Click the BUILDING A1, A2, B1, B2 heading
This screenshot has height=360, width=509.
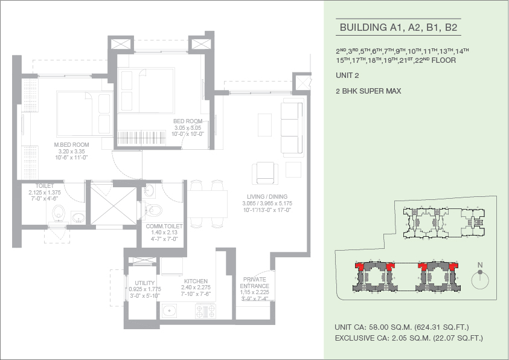[x=399, y=28]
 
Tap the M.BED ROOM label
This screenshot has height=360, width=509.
[x=71, y=145]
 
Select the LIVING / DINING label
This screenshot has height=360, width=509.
[x=267, y=197]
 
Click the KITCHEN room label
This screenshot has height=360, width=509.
[x=196, y=281]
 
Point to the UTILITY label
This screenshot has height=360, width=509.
[x=145, y=283]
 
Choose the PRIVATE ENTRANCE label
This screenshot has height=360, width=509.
[x=255, y=283]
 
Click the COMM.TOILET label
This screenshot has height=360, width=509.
[x=164, y=227]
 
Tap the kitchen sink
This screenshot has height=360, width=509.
[x=169, y=311]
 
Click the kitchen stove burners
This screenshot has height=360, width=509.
[x=205, y=311]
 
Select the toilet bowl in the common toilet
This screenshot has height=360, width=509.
[x=153, y=210]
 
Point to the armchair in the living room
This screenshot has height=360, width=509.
[x=265, y=173]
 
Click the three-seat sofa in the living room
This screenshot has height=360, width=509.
[x=292, y=127]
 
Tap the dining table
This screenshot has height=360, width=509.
[x=206, y=204]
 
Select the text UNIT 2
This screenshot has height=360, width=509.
[x=347, y=76]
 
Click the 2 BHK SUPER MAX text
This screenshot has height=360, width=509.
[x=368, y=91]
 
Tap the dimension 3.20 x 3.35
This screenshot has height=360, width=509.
[x=71, y=151]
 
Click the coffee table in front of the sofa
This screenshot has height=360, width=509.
[x=265, y=125]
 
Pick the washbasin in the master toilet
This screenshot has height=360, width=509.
[x=78, y=217]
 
